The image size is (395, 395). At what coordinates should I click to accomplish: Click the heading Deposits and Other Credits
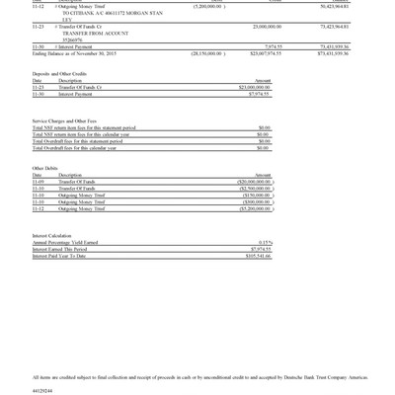[59, 73]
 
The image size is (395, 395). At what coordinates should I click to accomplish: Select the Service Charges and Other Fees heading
[69, 120]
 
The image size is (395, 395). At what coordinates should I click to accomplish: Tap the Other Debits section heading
[45, 168]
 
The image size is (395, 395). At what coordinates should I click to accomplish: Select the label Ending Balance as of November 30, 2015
[74, 53]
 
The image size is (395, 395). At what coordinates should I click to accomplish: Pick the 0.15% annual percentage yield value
[265, 243]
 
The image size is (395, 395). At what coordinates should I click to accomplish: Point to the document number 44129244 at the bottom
[45, 390]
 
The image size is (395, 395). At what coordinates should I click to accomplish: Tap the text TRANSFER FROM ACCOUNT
[90, 33]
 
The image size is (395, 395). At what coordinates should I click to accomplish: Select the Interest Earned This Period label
[60, 249]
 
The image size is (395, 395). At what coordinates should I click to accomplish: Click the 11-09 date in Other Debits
[39, 182]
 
